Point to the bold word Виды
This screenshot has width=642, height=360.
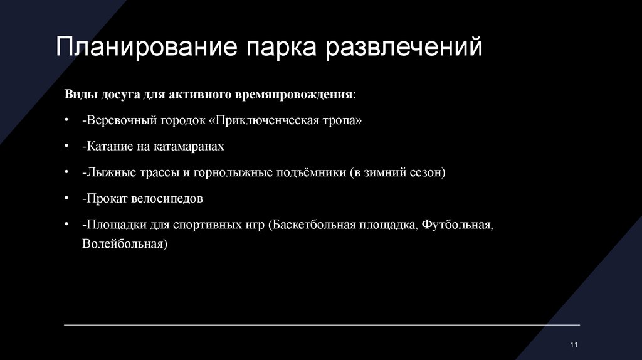(80, 94)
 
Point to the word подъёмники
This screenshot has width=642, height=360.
(309, 172)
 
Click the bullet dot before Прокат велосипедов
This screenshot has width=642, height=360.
(66, 198)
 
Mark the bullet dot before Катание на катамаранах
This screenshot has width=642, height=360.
(66, 146)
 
